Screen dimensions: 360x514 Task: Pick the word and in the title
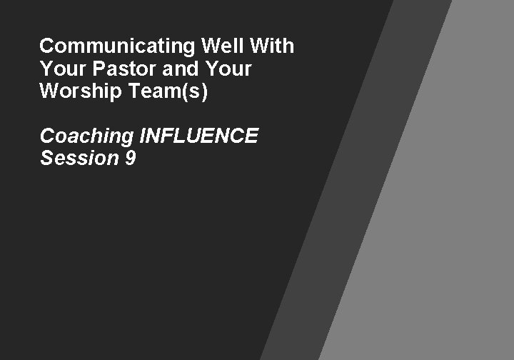168,70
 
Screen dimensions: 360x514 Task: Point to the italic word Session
79,158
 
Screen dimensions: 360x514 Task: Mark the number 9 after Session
130,158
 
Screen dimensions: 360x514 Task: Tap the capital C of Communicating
48,47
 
